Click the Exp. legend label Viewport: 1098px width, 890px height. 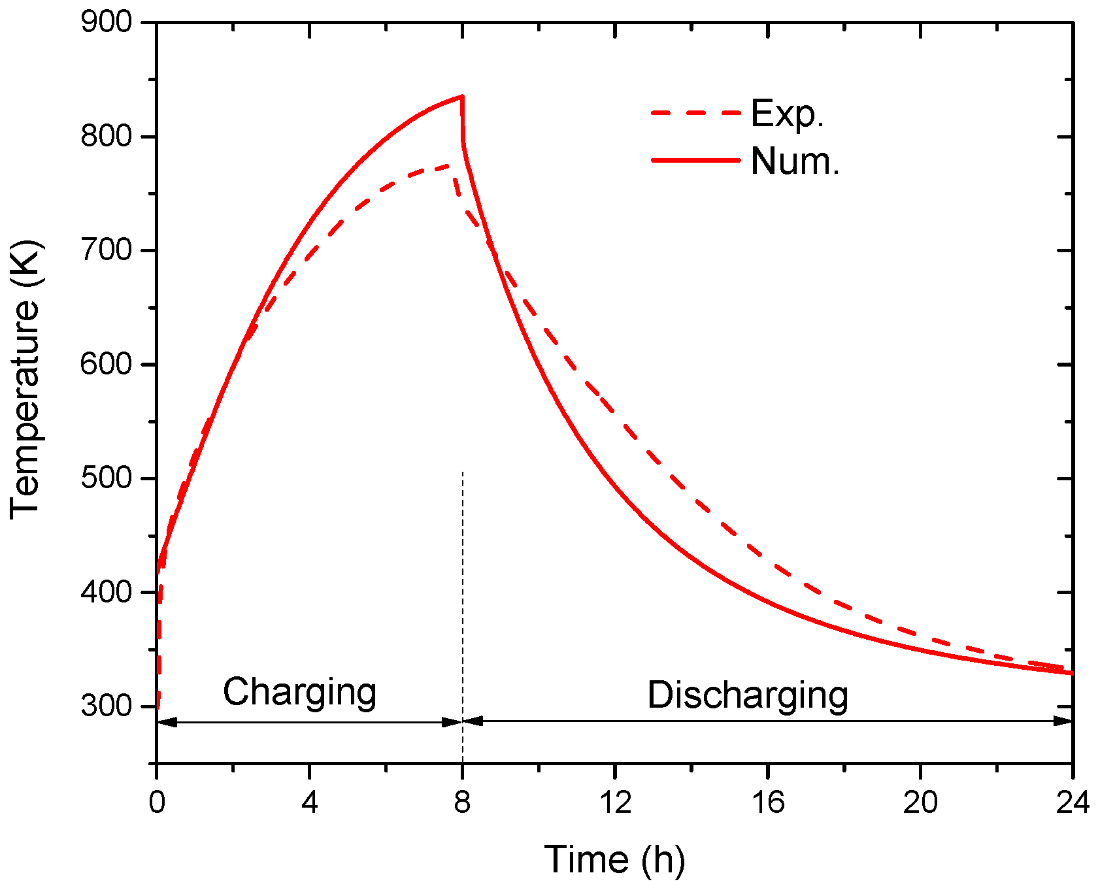[x=787, y=114]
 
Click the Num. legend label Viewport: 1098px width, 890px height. [x=795, y=161]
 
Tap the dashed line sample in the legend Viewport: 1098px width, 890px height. [x=696, y=113]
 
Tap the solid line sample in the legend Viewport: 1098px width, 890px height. [x=696, y=160]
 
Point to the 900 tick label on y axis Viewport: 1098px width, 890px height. [x=106, y=23]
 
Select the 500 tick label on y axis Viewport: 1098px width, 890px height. [x=106, y=478]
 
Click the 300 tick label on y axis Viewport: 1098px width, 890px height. [x=106, y=706]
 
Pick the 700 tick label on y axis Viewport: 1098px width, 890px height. [x=106, y=250]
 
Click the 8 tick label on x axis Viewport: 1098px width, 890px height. [x=462, y=802]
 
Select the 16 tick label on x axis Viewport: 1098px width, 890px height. [x=767, y=802]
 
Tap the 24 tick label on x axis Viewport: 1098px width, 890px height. [x=1073, y=802]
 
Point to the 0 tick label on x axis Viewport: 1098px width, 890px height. [x=157, y=802]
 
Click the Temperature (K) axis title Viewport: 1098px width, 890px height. [x=26, y=380]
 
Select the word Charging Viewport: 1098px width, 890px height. [x=299, y=692]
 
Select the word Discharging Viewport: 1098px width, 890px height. [x=748, y=695]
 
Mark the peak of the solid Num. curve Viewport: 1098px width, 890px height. [x=461, y=97]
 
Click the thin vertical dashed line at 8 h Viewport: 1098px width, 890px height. [x=463, y=588]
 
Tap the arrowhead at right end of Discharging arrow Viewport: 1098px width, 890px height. [x=1064, y=721]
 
